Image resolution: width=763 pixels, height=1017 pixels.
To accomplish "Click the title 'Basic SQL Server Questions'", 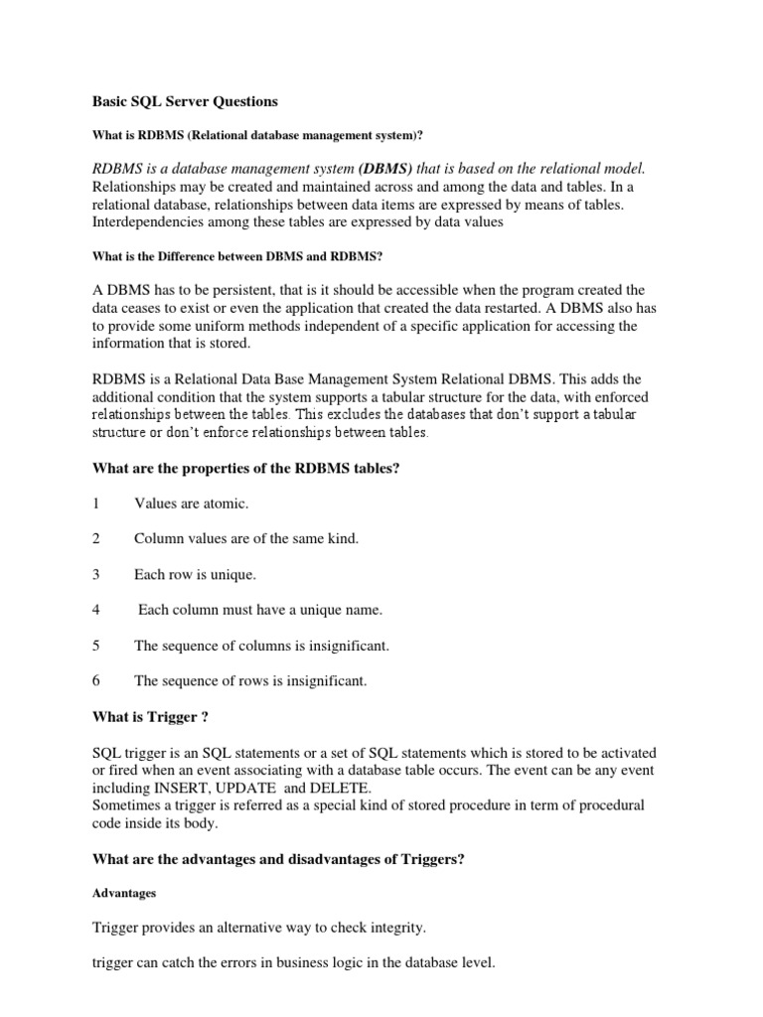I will pos(185,101).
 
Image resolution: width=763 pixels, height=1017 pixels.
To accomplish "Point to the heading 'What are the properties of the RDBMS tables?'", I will pos(245,468).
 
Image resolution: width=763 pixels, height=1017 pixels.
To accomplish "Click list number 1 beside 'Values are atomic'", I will pos(95,504).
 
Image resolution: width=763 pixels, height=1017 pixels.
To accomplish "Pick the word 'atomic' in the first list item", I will pos(226,504).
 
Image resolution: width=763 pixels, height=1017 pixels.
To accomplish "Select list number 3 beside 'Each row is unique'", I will pos(95,575).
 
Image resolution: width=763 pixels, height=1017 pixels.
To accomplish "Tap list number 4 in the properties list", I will pos(95,610).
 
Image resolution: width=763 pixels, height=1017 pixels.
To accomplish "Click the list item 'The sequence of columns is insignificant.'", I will pos(261,646).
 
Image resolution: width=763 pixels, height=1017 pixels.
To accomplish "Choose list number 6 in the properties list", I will pos(95,681).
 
